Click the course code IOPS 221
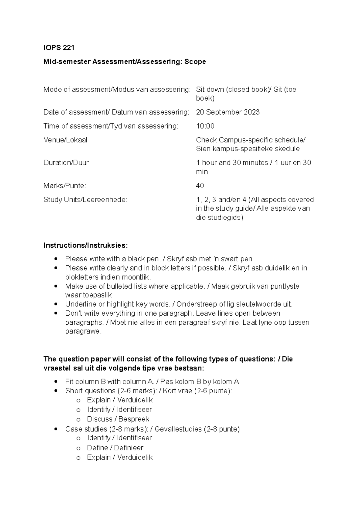(59, 48)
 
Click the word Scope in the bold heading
(195, 62)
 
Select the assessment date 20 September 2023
(228, 112)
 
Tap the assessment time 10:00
(205, 126)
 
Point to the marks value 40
(200, 186)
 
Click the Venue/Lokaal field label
(65, 140)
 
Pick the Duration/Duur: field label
(67, 163)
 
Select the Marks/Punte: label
(65, 186)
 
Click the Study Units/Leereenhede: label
(85, 200)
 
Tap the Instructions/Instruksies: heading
(85, 246)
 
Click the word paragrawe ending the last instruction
(83, 332)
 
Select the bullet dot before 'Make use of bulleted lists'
(55, 286)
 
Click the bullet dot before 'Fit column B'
(55, 382)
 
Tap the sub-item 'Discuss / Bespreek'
(118, 419)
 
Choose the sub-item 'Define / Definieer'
(115, 448)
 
